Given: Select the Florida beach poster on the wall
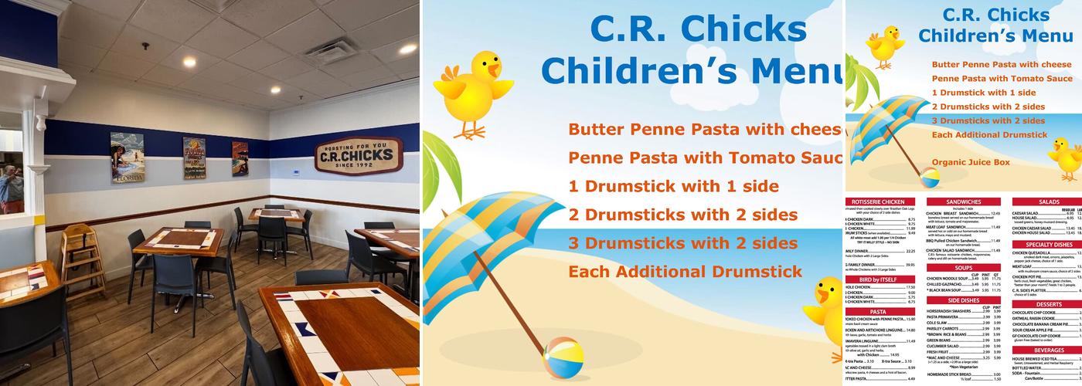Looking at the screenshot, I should pyautogui.click(x=127, y=157).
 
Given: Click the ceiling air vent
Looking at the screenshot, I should pyautogui.click(x=328, y=51).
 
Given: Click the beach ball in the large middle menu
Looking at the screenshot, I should pyautogui.click(x=563, y=358).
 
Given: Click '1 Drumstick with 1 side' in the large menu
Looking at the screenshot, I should pyautogui.click(x=673, y=186).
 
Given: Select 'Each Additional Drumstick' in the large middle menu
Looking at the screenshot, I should pyautogui.click(x=686, y=272).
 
